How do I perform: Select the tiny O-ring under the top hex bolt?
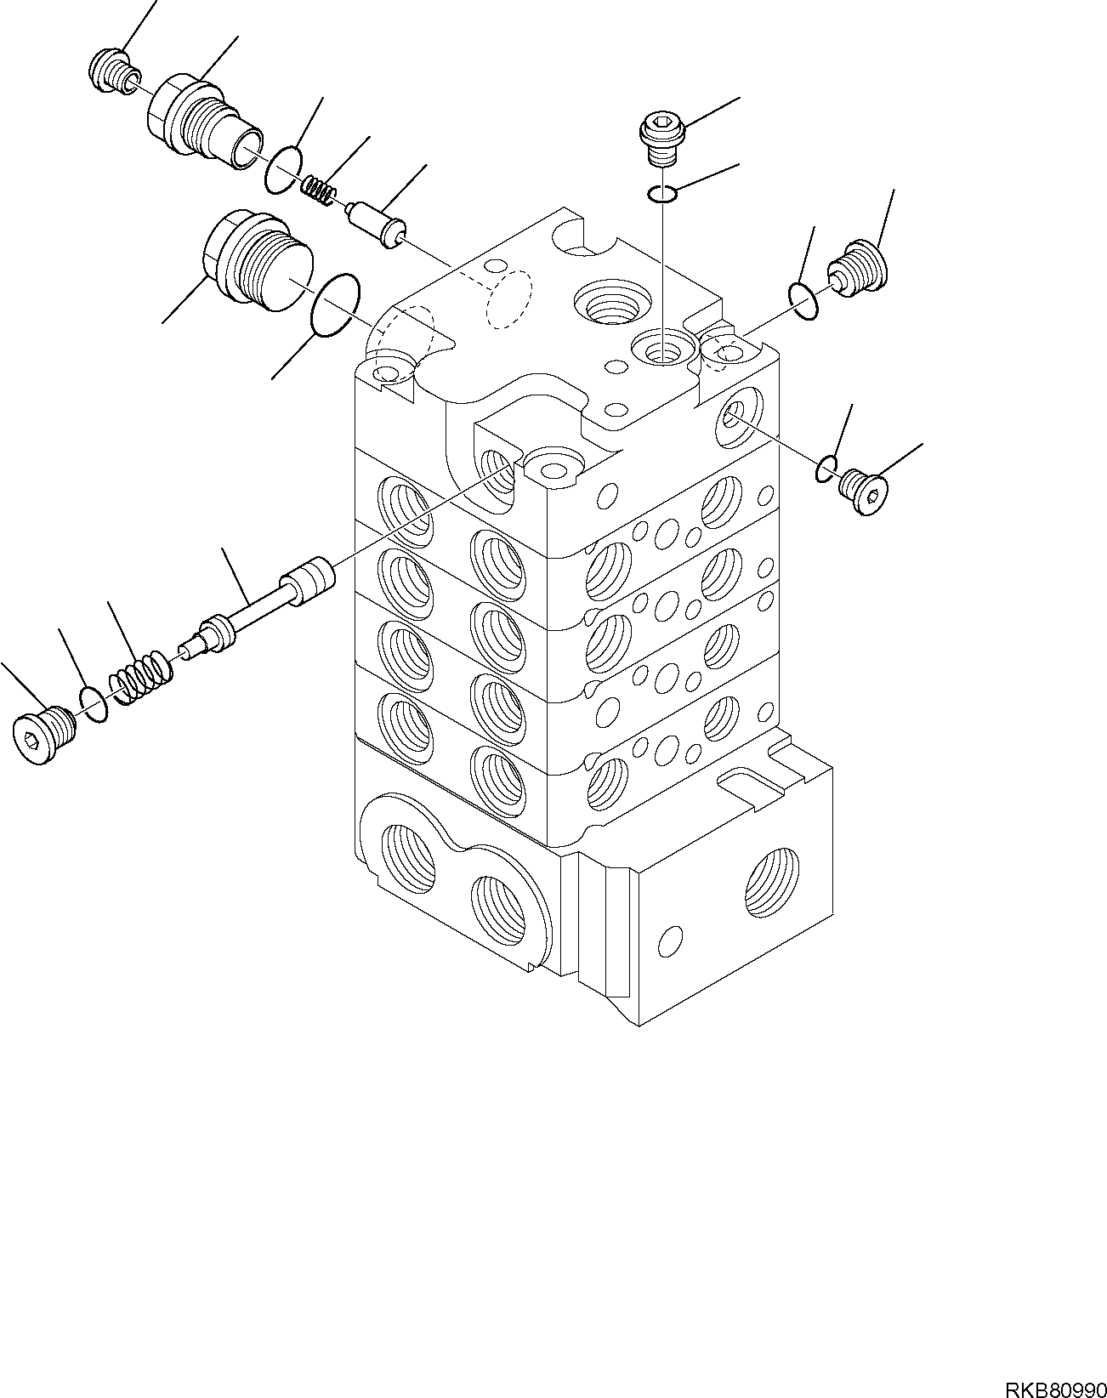662,196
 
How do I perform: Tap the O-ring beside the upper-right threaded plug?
803,303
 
